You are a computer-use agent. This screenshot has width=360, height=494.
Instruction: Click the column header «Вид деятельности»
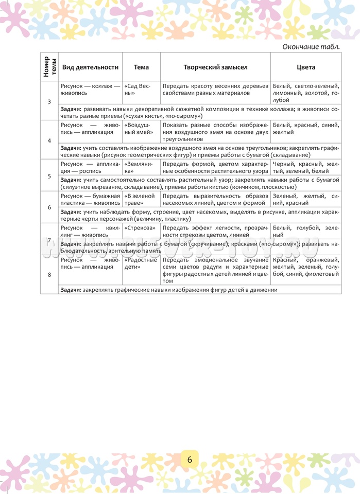point(90,67)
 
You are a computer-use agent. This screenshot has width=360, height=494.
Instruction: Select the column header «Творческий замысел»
point(215,67)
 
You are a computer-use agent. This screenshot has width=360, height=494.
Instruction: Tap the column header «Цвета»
point(306,67)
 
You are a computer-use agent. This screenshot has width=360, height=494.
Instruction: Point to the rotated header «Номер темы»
point(49,67)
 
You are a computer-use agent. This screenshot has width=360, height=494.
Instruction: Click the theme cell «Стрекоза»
point(140,227)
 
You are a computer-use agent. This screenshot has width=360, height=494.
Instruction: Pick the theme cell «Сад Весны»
point(136,90)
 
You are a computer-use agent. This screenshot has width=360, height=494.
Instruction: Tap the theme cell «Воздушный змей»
point(138,128)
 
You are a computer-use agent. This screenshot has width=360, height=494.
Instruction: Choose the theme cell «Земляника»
point(135,167)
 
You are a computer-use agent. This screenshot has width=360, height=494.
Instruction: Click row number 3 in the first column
point(49,102)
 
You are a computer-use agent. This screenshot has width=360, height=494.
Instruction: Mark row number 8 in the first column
point(49,275)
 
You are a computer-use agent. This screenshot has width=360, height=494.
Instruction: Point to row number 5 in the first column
point(49,176)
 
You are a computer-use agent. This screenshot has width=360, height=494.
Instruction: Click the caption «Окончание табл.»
point(311,47)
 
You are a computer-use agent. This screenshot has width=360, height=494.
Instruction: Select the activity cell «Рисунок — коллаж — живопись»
point(90,90)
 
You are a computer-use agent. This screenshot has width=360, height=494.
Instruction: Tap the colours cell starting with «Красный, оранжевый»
point(305,267)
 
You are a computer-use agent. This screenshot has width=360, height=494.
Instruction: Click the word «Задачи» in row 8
point(70,290)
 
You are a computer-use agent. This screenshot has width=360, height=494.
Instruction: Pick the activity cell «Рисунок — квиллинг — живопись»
point(90,231)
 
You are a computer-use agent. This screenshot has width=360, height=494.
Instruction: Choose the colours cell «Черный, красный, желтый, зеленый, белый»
point(305,167)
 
